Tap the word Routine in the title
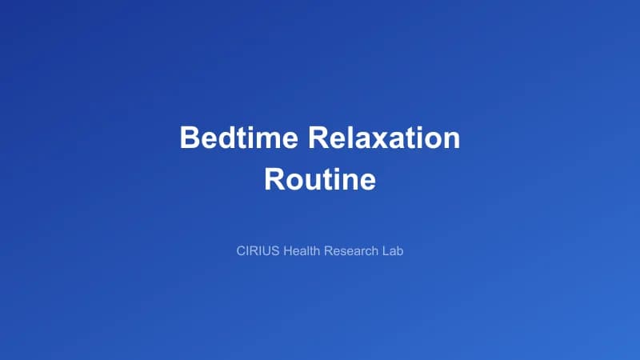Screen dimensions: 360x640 pos(320,178)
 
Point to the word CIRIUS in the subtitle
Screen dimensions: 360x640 pos(258,251)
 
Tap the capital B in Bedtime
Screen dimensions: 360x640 pos(190,138)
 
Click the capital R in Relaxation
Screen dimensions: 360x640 pos(320,138)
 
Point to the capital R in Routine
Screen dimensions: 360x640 pos(274,178)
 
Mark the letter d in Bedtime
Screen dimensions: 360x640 pos(224,138)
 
